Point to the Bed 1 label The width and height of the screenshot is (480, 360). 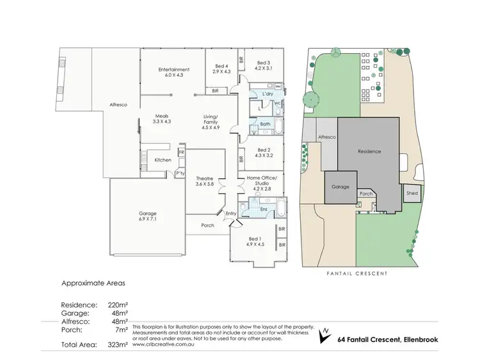click(255, 241)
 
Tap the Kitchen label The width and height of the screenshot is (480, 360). click(163, 160)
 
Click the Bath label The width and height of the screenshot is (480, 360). click(266, 124)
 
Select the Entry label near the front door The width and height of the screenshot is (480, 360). click(231, 214)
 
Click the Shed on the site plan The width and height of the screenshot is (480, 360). click(412, 193)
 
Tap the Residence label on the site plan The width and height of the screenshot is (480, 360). click(370, 152)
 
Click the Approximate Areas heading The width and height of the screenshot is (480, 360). click(93, 282)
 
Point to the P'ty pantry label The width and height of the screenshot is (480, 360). click(180, 173)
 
